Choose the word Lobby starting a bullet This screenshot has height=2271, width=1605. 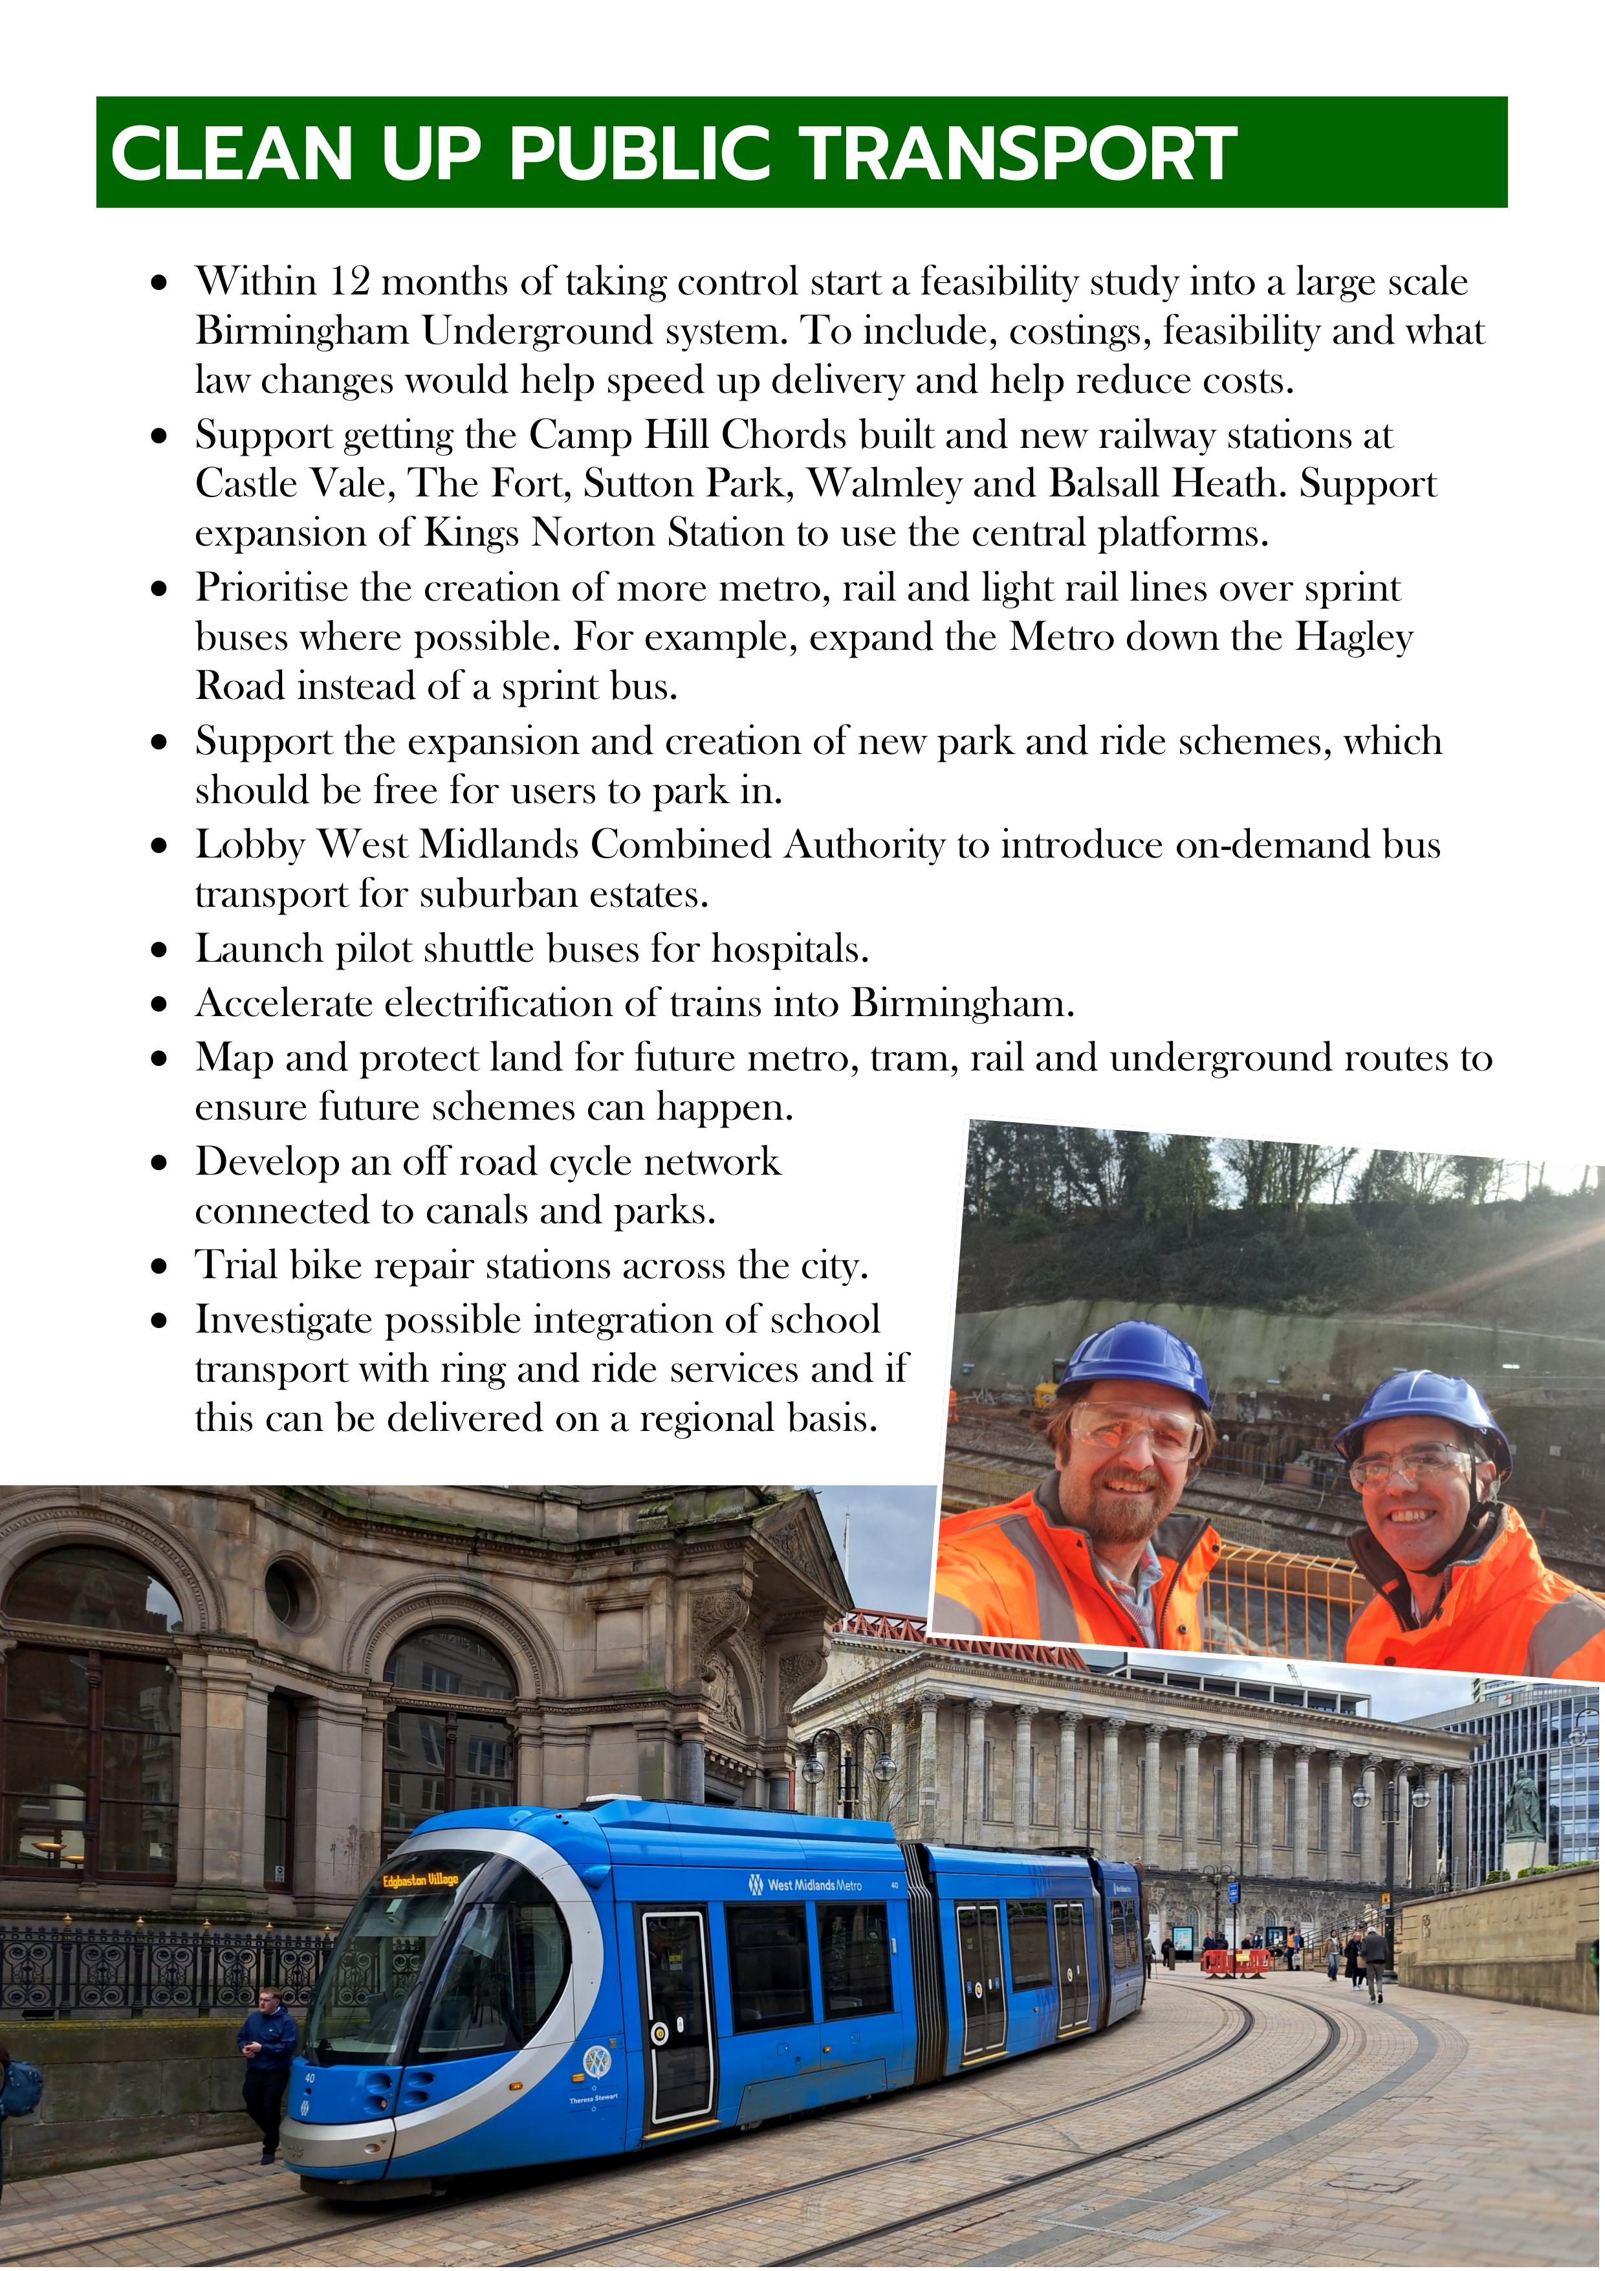click(x=250, y=845)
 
